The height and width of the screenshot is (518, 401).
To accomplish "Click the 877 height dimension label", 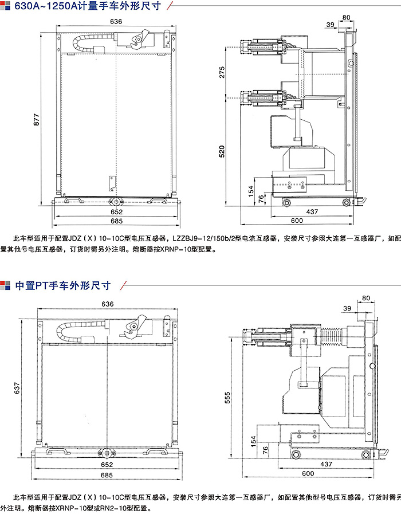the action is [x=37, y=120].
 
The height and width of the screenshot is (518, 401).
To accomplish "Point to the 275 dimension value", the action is [x=222, y=72].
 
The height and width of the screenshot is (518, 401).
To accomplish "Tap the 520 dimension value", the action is [x=222, y=151].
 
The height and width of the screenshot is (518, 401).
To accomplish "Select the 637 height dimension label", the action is [x=17, y=388].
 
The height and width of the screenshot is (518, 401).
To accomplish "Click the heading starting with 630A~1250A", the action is [x=88, y=6].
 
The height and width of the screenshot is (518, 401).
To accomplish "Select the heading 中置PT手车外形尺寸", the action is [x=63, y=285].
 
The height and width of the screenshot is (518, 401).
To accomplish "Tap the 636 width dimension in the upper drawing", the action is [x=116, y=21].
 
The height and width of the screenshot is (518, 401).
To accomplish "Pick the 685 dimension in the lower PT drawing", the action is [x=107, y=475].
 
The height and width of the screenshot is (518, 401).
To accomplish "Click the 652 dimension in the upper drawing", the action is [x=117, y=212].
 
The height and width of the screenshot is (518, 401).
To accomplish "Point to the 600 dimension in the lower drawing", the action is [x=308, y=473].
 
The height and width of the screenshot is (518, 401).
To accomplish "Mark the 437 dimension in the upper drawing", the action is [x=312, y=211].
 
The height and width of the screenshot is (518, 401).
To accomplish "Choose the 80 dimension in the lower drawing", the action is [x=366, y=298].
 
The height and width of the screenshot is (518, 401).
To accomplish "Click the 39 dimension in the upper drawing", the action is [x=331, y=25].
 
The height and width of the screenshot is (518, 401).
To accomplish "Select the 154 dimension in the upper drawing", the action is [x=251, y=191].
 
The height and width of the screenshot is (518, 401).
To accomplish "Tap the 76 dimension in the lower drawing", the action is [x=265, y=450].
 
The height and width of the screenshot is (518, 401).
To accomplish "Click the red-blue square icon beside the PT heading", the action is [x=5, y=285].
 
